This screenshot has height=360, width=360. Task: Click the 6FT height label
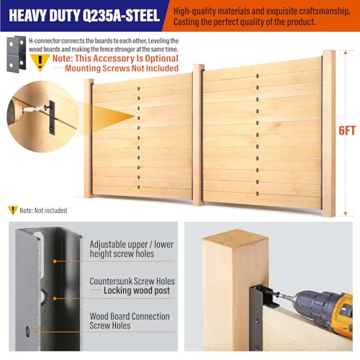(347, 130)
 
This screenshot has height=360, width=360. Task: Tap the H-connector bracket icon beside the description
(16, 54)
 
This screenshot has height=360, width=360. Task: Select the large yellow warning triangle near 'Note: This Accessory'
(40, 62)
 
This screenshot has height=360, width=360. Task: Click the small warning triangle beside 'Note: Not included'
(12, 210)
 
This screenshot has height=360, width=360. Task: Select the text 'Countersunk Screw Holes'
(132, 281)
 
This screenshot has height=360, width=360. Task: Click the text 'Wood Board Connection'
(130, 316)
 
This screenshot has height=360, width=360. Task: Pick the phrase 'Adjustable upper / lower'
(132, 245)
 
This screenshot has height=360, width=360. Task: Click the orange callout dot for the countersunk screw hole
(55, 298)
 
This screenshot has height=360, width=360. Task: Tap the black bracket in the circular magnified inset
(52, 117)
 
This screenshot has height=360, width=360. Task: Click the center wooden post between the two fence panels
(198, 135)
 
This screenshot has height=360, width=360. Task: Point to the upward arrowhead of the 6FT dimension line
(345, 53)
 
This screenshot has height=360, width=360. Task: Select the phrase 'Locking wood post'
(137, 290)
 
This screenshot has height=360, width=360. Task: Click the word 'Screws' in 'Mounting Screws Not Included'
(116, 68)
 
